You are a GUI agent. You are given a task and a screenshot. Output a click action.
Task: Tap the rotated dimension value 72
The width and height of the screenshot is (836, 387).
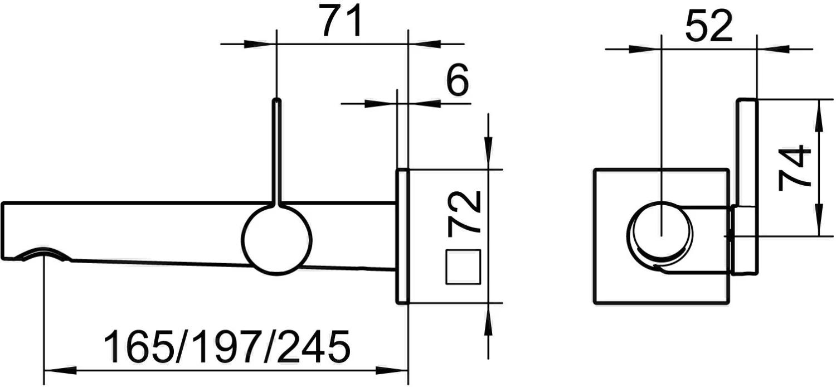464,212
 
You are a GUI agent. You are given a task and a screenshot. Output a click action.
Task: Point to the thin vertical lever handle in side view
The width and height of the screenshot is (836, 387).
277,151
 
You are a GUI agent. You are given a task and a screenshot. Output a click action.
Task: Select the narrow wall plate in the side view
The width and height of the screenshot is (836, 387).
402,236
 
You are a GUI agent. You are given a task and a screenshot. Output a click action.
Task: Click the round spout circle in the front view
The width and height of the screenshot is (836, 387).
660,233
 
